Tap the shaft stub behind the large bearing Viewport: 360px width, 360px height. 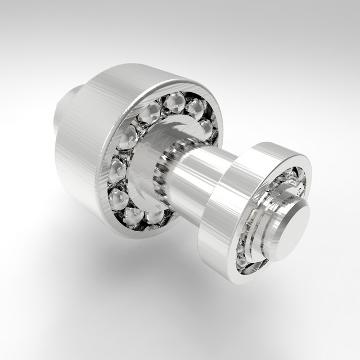pos(66,110)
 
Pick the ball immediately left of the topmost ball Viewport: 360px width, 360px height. pos(151,113)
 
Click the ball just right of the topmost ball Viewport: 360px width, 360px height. pos(195,109)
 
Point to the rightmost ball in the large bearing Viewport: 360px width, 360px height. pos(207,129)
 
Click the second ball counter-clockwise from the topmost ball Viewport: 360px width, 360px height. pos(128,137)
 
